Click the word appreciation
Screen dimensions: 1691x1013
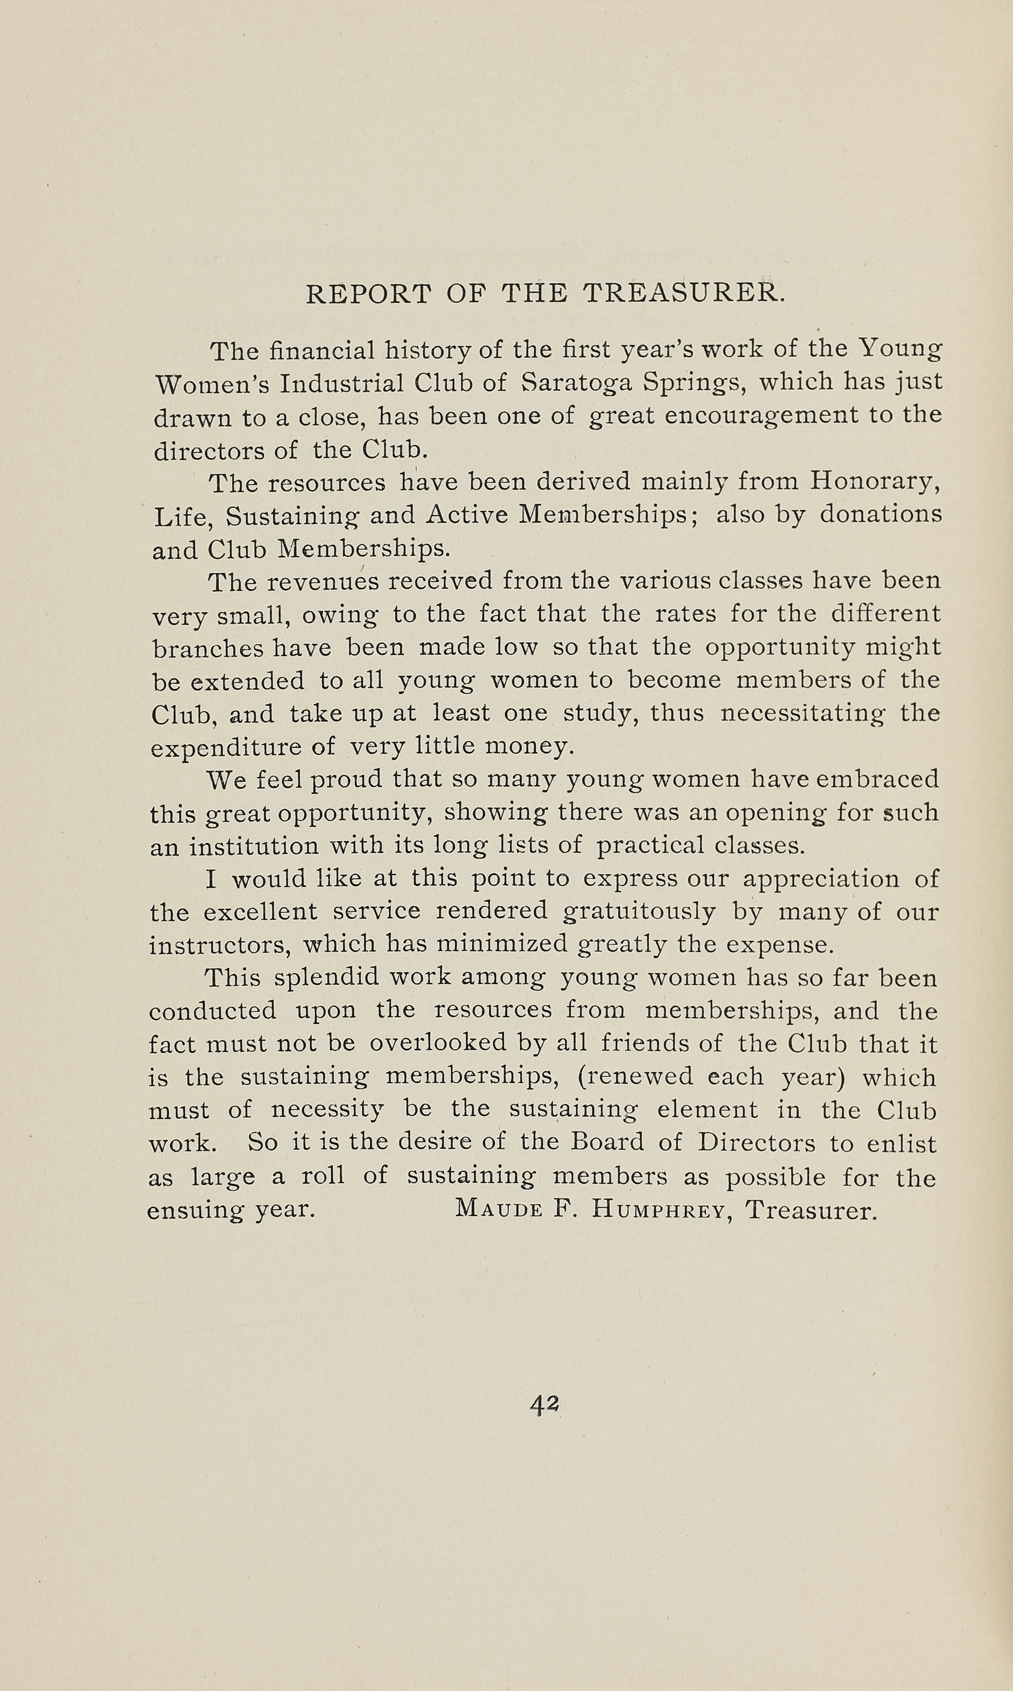820,879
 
